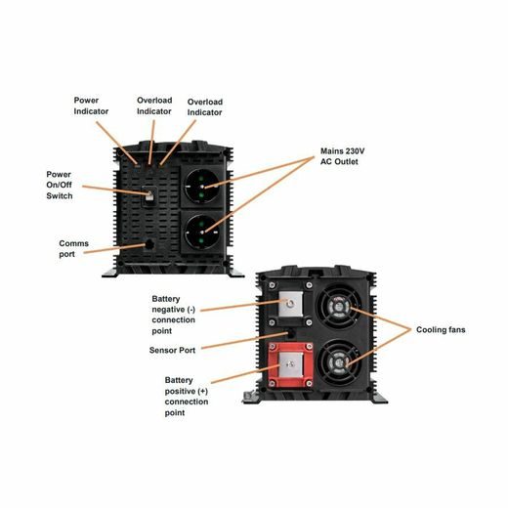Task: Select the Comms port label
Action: [x=73, y=248]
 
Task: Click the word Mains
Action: [x=336, y=152]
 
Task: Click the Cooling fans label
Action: [x=441, y=330]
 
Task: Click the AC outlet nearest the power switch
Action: [x=204, y=185]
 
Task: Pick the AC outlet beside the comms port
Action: [x=204, y=235]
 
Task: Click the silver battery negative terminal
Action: [x=290, y=307]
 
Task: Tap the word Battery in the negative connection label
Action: [x=168, y=298]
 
